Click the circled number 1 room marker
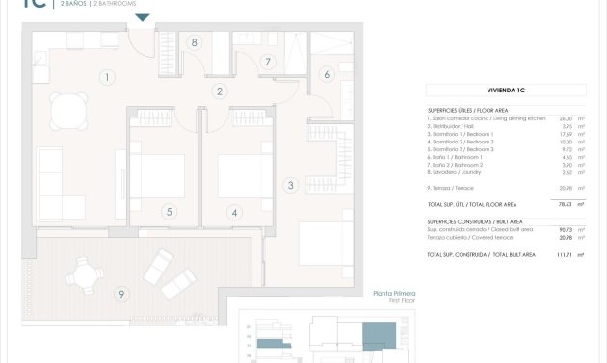(x=108, y=77)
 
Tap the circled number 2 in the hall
(x=220, y=91)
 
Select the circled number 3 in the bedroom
(x=289, y=185)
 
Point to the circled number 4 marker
(x=233, y=212)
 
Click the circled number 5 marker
(x=169, y=212)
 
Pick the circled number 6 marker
(x=327, y=74)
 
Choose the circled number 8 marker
(x=195, y=42)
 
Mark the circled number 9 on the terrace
(x=120, y=294)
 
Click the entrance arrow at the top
(x=143, y=17)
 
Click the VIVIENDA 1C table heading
(x=506, y=90)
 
